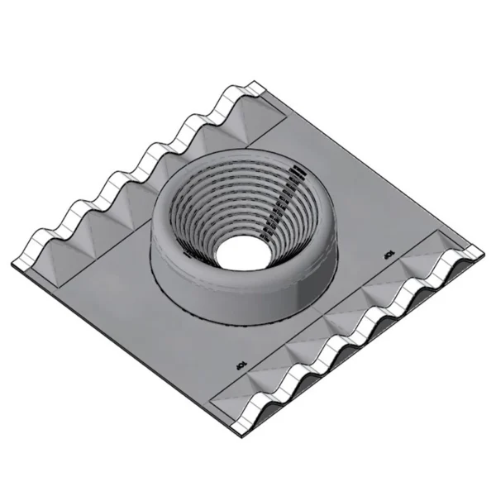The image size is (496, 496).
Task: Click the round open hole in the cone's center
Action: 240,249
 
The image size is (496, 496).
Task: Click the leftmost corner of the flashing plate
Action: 13,264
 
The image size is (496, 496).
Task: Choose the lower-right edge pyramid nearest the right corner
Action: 430,261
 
